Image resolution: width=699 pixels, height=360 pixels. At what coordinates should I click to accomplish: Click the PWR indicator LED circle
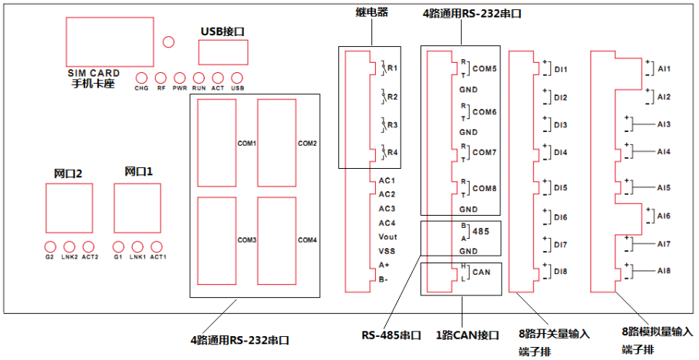coord(180,78)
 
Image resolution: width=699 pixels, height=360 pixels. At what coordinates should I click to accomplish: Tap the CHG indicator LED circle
coord(141,78)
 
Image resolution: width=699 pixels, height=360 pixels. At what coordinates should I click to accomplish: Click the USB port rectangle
coord(223,52)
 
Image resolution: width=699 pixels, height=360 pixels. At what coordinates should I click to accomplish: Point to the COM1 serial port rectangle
coord(216,143)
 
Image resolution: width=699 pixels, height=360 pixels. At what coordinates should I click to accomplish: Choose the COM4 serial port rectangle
coord(277,241)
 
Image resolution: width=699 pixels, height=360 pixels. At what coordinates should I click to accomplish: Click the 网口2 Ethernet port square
coord(69,208)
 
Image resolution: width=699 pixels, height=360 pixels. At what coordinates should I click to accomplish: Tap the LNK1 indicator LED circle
coord(137,246)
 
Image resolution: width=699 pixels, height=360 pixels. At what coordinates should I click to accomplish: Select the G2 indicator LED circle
coord(50,246)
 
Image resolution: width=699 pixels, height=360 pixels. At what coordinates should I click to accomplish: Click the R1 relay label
coord(392,68)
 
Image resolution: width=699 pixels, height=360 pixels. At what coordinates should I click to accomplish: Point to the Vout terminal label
coord(387,237)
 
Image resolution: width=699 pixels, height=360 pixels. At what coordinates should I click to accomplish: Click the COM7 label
coord(485,153)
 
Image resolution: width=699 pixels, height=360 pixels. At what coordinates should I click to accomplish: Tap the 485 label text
coord(481,232)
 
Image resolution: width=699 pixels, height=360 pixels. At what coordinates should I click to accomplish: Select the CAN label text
coord(481,272)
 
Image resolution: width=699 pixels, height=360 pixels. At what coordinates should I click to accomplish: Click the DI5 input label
coord(561,188)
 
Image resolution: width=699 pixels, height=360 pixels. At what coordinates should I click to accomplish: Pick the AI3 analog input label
coord(664,124)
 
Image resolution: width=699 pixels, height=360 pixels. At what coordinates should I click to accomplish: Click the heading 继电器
coord(372,12)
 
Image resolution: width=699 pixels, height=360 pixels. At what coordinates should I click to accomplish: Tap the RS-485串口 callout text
coord(391,335)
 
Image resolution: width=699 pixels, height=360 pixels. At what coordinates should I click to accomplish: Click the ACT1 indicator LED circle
coord(157,246)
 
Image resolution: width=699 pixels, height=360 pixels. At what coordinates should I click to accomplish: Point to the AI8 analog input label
coord(664,271)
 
